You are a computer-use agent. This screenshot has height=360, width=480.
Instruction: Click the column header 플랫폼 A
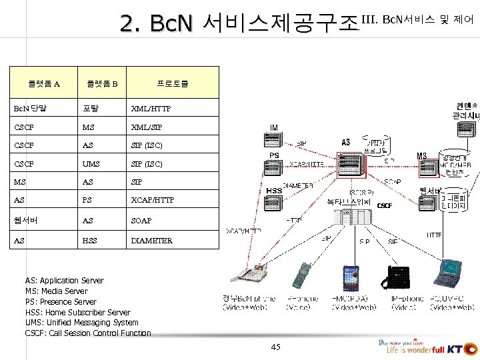click(43, 84)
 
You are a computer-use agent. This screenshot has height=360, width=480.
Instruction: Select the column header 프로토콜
click(172, 84)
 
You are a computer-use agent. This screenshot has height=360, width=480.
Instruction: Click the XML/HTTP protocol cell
click(151, 108)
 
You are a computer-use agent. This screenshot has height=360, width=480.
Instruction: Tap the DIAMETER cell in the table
click(151, 241)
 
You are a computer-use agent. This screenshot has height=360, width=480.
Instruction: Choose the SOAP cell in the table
click(141, 221)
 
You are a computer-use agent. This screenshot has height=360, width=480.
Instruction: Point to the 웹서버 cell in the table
click(25, 221)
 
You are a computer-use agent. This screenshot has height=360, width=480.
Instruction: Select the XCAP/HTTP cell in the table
click(153, 200)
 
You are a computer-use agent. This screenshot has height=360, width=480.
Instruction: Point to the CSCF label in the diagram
click(385, 205)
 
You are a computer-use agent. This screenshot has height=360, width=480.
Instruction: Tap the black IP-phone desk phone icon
click(398, 276)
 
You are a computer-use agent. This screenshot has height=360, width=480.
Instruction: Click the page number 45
click(276, 347)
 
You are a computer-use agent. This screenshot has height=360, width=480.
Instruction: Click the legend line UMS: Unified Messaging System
click(81, 323)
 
